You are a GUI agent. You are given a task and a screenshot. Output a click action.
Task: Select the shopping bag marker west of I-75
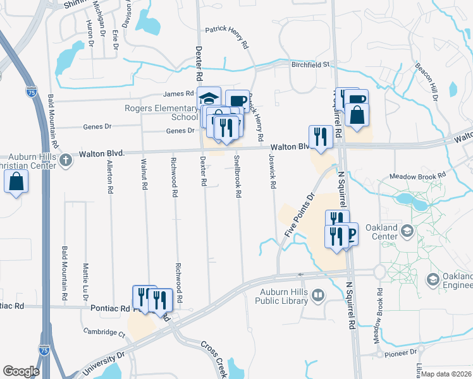click(x=16, y=182)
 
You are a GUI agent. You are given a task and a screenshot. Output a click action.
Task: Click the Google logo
click(x=21, y=371)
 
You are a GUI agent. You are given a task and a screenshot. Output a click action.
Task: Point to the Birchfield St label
click(x=311, y=64)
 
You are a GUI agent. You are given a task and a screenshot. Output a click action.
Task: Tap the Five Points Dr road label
click(x=299, y=215)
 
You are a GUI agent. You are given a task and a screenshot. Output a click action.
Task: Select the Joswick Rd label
click(x=272, y=171)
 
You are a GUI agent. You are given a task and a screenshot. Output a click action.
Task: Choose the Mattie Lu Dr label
click(x=85, y=282)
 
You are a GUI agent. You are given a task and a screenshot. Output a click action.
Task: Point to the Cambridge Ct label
click(x=104, y=332)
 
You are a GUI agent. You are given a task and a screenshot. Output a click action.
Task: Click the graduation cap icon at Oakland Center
click(x=408, y=229)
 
